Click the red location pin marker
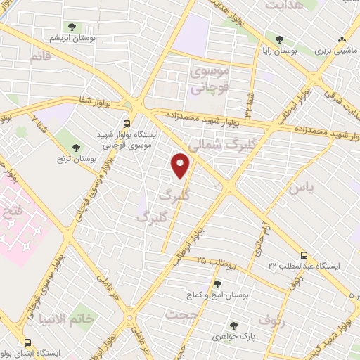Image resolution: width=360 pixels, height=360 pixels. tap(181, 167)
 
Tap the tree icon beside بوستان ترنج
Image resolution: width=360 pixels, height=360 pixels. tap(75, 147)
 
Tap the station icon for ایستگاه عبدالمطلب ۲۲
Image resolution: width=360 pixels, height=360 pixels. tap(304, 255)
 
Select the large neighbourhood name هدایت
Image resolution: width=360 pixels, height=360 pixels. tap(283, 6)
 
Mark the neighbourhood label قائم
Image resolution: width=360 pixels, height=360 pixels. tap(40, 58)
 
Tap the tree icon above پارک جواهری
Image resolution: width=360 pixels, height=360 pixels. tap(233, 326)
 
